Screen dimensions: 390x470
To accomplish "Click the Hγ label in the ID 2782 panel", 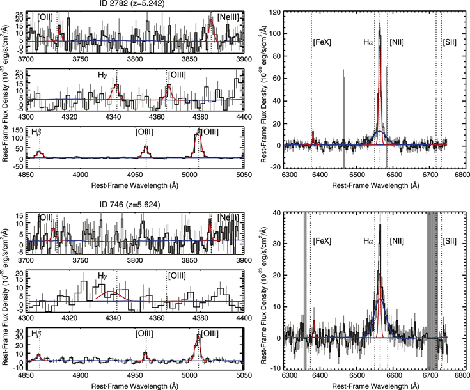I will click(x=103, y=75).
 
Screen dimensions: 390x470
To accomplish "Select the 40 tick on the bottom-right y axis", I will click(x=276, y=212).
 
